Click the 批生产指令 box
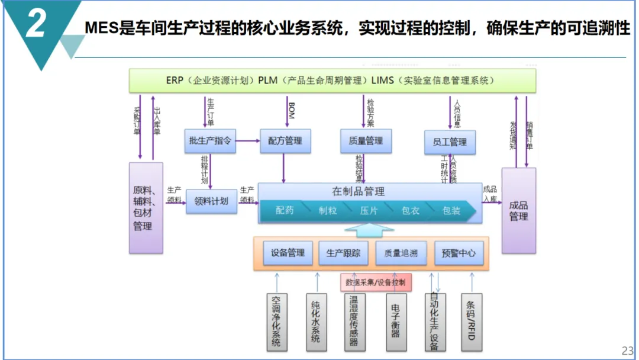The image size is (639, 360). [210, 142]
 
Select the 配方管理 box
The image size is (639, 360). [285, 141]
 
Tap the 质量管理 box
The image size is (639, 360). [362, 141]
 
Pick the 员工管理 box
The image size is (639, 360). [450, 142]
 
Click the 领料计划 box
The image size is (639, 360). [211, 201]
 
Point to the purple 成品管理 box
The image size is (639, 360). [519, 211]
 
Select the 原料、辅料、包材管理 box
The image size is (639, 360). [146, 208]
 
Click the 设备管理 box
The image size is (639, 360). [288, 253]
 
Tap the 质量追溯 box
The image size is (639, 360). [401, 253]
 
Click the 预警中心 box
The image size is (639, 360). [459, 253]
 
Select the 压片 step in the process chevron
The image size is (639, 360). [369, 211]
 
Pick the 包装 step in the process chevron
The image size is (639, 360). [451, 211]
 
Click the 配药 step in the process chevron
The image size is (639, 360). [285, 211]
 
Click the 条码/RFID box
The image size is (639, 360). [472, 320]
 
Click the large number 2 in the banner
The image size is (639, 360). [37, 25]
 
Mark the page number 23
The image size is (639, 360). [627, 350]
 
